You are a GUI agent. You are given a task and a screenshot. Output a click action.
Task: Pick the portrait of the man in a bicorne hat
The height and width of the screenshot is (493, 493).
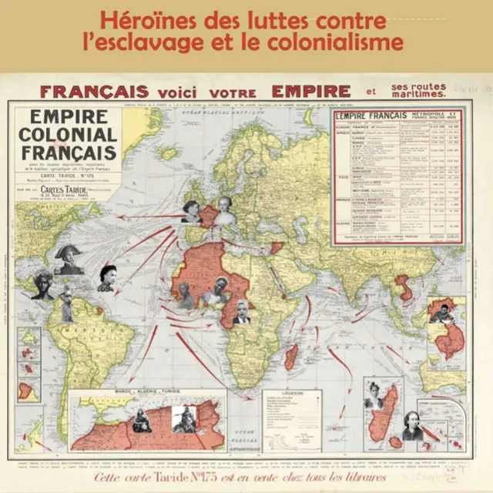pos(69,260)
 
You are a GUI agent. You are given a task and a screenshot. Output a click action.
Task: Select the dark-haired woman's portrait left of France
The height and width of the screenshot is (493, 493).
pos(192,210)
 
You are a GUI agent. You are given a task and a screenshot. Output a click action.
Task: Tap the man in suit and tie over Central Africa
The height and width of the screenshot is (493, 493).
pos(242,312)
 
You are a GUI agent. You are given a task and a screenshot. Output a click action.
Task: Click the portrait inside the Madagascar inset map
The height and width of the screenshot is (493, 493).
pos(374,395)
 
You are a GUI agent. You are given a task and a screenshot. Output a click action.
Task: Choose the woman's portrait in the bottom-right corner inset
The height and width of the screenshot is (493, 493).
pos(413,425)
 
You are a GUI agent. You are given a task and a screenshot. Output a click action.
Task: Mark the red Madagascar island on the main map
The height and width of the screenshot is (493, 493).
pos(291,356)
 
